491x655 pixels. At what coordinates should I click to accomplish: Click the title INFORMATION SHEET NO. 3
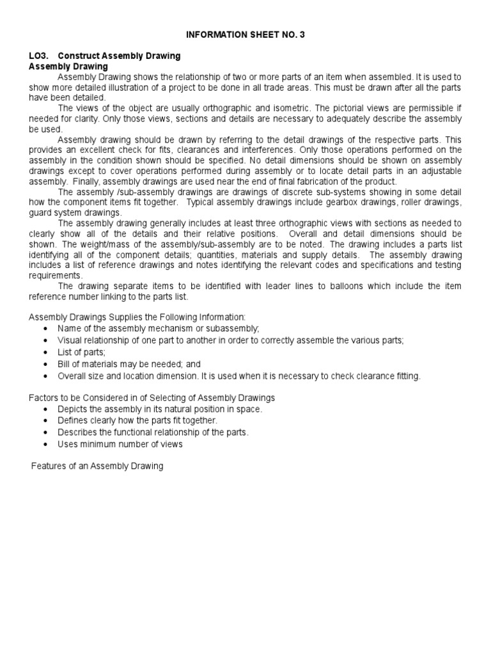click(x=245, y=35)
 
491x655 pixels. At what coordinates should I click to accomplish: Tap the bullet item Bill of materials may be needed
click(x=120, y=364)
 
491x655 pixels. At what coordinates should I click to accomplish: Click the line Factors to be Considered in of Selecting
click(x=152, y=398)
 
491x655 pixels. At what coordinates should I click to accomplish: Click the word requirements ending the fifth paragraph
click(x=56, y=275)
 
